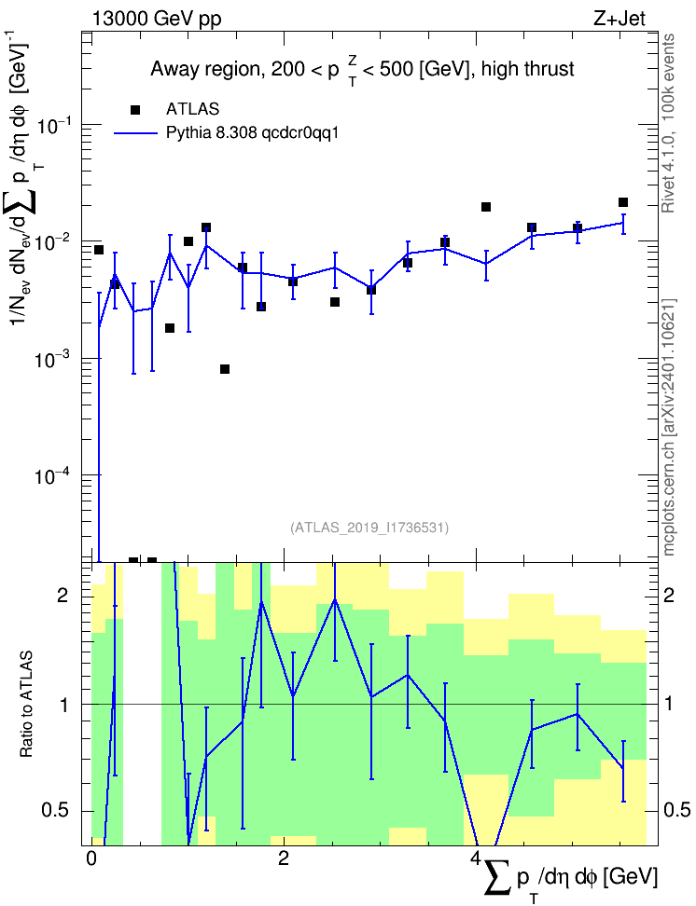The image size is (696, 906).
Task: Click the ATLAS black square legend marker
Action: (135, 110)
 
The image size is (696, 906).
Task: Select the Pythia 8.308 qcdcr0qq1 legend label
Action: (252, 133)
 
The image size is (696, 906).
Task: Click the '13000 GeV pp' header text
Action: (157, 19)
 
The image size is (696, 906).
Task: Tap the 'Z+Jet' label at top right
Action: (619, 19)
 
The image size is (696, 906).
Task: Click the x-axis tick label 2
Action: (284, 858)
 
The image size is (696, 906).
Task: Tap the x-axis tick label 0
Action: (90, 858)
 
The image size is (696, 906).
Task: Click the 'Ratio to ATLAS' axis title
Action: (26, 705)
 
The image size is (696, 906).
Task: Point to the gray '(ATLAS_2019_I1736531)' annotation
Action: (369, 527)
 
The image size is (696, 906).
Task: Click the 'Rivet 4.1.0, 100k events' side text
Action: (668, 123)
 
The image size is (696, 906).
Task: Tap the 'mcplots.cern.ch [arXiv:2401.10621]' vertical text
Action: (669, 428)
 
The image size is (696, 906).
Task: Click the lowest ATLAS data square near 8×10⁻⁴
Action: (225, 369)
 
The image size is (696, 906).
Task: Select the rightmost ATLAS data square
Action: (623, 202)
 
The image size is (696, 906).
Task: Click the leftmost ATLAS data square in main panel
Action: (99, 250)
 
